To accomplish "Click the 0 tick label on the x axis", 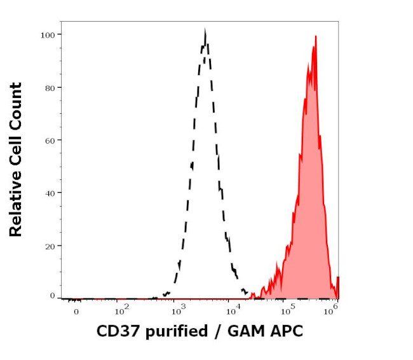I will coord(76,312).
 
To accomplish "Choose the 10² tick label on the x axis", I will coord(121,311).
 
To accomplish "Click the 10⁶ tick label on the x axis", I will coord(330,311).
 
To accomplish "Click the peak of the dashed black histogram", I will coord(205,31).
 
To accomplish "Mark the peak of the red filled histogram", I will coord(315,37).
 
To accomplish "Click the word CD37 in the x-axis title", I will coord(118,331).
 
